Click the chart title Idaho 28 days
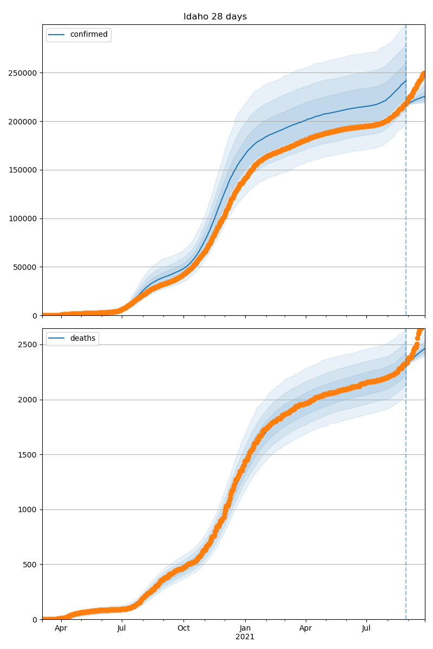click(215, 17)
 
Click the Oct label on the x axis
click(183, 628)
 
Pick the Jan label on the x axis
click(245, 628)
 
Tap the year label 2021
click(245, 637)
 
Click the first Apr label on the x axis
click(61, 628)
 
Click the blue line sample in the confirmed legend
click(56, 35)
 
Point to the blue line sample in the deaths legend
click(56, 339)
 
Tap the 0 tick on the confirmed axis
click(35, 316)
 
